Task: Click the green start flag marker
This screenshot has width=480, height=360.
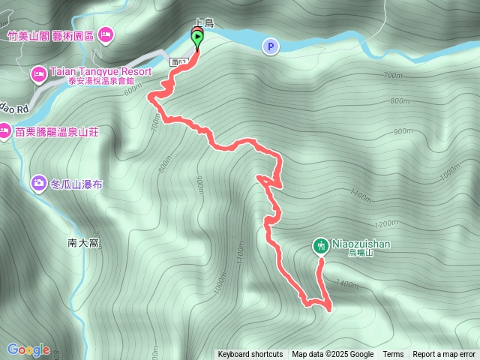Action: (x=196, y=37)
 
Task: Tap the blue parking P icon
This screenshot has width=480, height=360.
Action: (x=270, y=47)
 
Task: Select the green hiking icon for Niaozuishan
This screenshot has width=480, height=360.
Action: (x=320, y=245)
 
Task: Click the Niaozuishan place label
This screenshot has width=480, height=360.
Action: (x=361, y=244)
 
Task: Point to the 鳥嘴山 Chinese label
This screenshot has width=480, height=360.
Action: (x=361, y=253)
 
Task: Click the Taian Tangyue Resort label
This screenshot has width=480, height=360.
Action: (x=100, y=72)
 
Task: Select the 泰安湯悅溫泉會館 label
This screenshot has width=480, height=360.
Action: (x=109, y=82)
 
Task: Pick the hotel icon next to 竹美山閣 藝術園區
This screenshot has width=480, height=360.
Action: (x=106, y=34)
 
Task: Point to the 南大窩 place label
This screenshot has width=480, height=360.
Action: (x=82, y=243)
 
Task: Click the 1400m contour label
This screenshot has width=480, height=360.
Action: (x=348, y=284)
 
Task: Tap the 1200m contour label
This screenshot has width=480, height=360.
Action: (x=386, y=223)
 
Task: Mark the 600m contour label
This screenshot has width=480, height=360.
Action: (x=133, y=89)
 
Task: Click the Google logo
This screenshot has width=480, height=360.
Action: (x=28, y=349)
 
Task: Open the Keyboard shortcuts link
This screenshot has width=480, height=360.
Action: (x=250, y=355)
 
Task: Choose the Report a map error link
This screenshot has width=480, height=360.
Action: (x=444, y=355)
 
